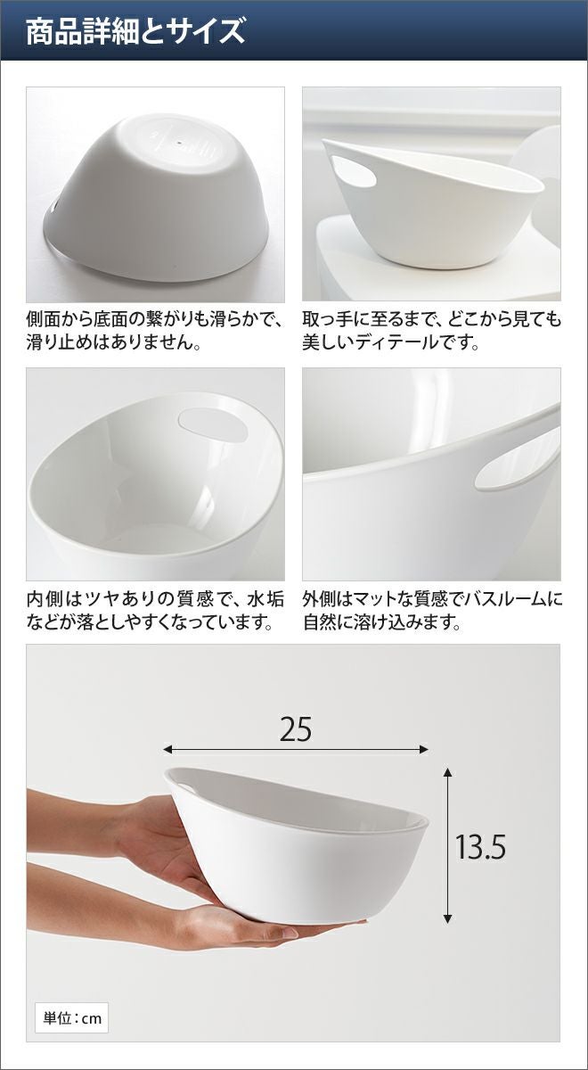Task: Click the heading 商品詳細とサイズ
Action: point(135,31)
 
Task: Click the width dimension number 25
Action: point(296,730)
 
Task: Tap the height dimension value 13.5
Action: point(480,846)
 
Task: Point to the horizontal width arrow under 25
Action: point(296,750)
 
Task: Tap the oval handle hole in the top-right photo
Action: point(354,171)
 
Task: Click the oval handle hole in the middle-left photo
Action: point(213,424)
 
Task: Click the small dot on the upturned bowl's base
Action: point(178,142)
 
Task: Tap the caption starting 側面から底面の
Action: point(156,331)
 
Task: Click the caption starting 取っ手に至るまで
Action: point(431,331)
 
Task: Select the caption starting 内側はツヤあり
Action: point(156,610)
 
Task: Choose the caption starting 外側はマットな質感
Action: point(432,610)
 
